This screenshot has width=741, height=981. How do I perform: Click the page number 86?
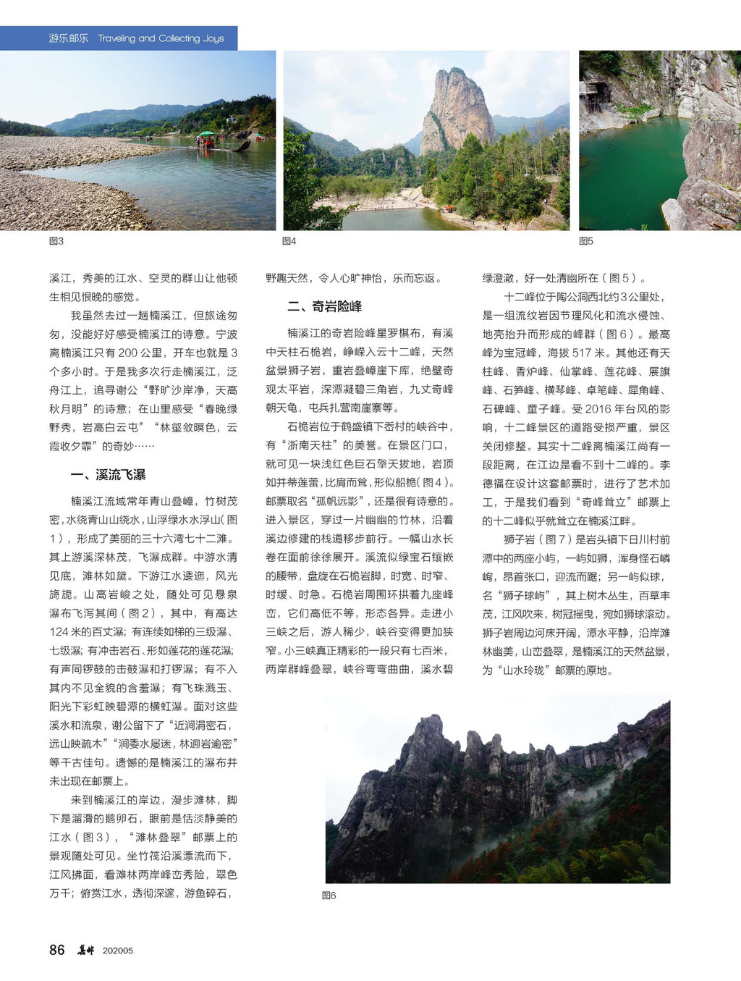click(56, 950)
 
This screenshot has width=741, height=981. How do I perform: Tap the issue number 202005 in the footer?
click(118, 951)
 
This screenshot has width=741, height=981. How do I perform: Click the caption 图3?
click(56, 241)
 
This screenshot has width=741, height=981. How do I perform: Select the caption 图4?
click(289, 241)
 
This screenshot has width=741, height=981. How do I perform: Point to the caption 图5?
click(586, 241)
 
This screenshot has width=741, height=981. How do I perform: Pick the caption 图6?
click(329, 896)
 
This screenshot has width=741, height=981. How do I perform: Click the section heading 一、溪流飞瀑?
click(108, 475)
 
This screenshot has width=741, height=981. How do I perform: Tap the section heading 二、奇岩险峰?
click(324, 306)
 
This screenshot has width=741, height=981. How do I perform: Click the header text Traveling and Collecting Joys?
click(161, 38)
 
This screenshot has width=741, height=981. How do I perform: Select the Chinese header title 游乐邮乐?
click(68, 38)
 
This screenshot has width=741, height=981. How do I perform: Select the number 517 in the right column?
click(582, 353)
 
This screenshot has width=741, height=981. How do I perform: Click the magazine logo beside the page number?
click(86, 950)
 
